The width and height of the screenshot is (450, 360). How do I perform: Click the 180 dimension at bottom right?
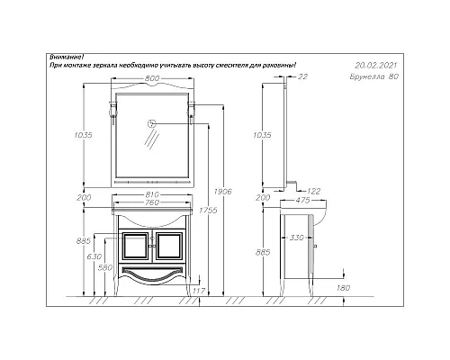(343, 288)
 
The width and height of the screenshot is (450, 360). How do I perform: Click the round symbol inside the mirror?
(152, 122)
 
